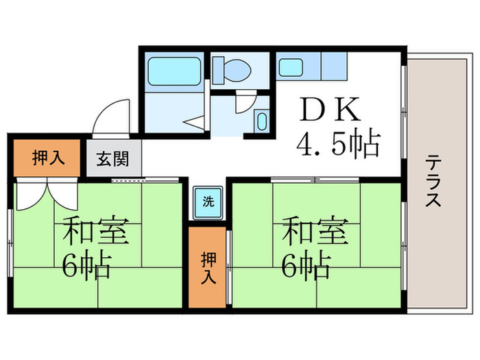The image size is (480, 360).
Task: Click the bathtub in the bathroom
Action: click(x=173, y=71)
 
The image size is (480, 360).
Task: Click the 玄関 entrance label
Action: click(x=112, y=160)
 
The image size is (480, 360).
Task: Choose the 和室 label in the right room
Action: click(x=313, y=231)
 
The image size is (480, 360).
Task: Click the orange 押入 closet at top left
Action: click(x=48, y=158)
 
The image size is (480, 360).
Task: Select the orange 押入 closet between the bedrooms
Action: click(x=208, y=267)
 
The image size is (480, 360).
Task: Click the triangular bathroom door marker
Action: click(x=195, y=123)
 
